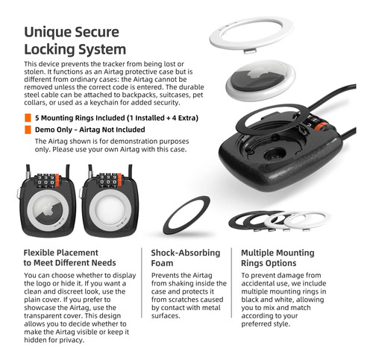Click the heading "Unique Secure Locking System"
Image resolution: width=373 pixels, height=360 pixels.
(75, 40)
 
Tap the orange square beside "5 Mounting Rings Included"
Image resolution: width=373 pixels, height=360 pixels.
(28, 118)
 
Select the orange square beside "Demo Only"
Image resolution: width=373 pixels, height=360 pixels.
(28, 130)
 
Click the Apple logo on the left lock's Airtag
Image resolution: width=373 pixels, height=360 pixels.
(47, 209)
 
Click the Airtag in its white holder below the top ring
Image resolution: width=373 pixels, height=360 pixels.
(260, 80)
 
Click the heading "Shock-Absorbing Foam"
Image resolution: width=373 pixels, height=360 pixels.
(186, 258)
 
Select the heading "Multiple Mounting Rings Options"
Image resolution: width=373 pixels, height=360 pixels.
(278, 258)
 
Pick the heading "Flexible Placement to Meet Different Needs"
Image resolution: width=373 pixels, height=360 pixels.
(69, 258)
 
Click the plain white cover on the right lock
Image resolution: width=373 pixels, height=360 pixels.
(110, 210)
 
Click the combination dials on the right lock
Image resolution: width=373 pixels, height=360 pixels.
(108, 180)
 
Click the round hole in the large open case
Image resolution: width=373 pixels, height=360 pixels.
(275, 154)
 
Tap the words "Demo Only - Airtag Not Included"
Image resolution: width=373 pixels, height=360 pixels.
(90, 130)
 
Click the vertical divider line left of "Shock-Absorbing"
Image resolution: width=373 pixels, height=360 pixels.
(142, 282)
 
